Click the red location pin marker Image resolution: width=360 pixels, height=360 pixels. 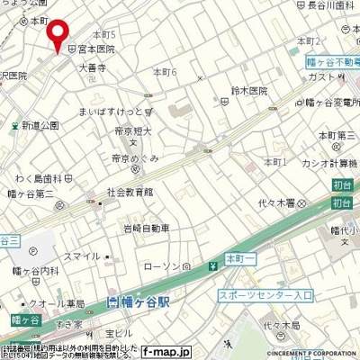click(58, 34)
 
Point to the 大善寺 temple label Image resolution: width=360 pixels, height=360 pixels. click(93, 66)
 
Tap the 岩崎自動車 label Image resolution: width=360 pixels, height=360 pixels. click(147, 228)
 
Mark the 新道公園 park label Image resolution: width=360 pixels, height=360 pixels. click(40, 124)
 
